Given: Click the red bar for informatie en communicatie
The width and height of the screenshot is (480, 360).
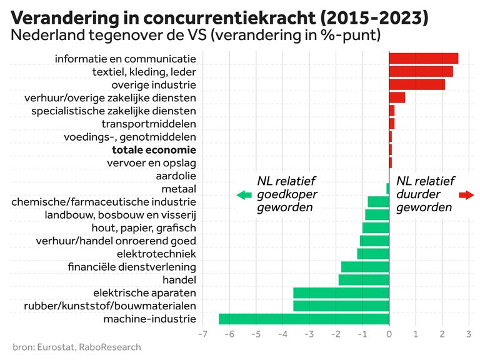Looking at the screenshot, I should (423, 59).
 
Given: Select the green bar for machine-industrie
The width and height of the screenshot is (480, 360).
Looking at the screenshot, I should (304, 319).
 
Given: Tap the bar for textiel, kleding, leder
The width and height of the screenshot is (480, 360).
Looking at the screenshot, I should (421, 72).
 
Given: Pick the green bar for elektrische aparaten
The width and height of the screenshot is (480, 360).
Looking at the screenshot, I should (341, 292).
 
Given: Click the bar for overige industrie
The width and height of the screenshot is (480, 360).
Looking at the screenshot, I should (417, 84).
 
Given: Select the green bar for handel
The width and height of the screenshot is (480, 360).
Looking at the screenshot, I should (364, 279).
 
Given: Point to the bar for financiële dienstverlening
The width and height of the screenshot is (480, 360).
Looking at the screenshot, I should (365, 267).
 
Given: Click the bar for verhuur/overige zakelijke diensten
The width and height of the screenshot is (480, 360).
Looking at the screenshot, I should (397, 97).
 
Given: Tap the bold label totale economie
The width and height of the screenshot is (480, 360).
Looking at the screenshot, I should (154, 150).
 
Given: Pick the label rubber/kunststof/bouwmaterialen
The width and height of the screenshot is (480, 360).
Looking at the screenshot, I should (110, 306).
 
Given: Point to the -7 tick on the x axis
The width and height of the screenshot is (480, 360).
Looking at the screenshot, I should (202, 334).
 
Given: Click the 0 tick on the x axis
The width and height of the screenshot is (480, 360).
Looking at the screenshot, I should (389, 334).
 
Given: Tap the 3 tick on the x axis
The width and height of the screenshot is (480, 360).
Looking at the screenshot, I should (469, 334).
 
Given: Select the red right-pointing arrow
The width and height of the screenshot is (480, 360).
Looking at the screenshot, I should (466, 195).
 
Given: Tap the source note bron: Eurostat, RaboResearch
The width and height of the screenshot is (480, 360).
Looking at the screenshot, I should (77, 347).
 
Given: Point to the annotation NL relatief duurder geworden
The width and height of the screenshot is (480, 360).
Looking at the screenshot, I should (425, 194).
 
